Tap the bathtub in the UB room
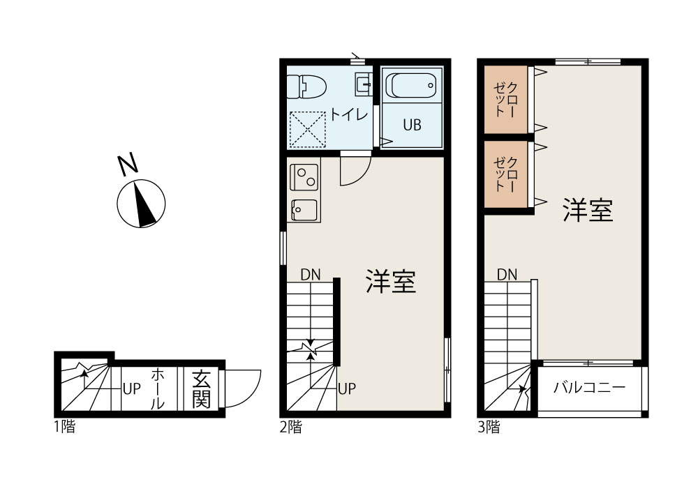(x=413, y=86)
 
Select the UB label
(x=412, y=126)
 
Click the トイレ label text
(x=349, y=115)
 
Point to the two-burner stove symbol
(x=304, y=176)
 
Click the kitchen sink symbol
(x=304, y=209)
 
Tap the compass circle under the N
(x=142, y=203)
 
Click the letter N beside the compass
(x=127, y=165)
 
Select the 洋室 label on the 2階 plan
(x=391, y=282)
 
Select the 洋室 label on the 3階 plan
(x=588, y=210)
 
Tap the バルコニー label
(x=589, y=388)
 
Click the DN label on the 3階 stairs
(x=507, y=275)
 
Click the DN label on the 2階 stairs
(x=311, y=275)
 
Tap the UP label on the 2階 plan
(x=347, y=388)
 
